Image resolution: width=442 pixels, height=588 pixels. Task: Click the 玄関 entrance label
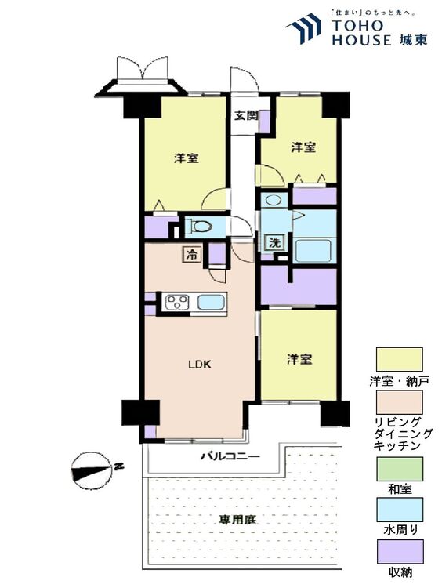point(246,115)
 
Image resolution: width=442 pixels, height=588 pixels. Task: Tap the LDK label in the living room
point(199,364)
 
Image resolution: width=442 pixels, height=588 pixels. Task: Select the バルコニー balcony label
point(230,457)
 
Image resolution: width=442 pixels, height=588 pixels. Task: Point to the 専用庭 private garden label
point(237,520)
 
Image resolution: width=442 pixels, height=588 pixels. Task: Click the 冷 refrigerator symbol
point(192,255)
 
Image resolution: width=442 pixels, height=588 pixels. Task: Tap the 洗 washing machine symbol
point(275,242)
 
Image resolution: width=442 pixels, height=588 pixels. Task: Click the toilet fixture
point(201,227)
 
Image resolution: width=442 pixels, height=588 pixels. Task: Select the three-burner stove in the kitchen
point(177,302)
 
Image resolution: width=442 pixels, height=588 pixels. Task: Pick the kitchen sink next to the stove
point(211,302)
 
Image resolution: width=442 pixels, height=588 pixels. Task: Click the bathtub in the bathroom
point(313,251)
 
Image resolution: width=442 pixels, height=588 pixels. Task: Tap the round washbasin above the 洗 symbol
point(274,200)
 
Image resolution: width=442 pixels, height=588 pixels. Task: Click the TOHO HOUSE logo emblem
point(303,27)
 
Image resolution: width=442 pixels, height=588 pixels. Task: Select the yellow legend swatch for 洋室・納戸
point(399,359)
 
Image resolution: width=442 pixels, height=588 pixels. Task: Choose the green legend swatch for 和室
point(400,469)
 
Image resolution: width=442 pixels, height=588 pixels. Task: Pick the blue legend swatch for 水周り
point(400,510)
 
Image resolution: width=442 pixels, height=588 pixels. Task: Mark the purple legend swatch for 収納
point(400,551)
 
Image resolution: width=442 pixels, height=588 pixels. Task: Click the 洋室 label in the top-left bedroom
point(187,158)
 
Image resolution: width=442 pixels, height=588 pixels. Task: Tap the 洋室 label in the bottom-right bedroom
point(299,360)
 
